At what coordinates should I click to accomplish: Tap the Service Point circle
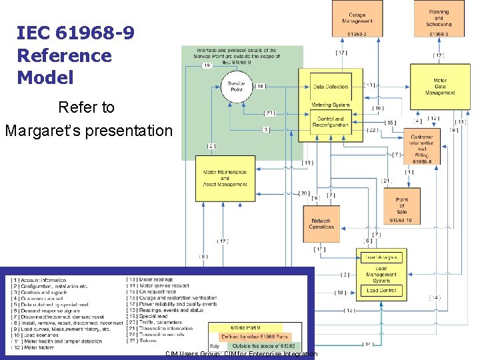coord(236,87)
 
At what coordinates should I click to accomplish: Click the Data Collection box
coord(330,87)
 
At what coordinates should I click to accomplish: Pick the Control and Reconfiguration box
coord(330,121)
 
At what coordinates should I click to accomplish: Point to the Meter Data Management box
coord(440,87)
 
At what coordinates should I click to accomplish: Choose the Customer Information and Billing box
coord(421,149)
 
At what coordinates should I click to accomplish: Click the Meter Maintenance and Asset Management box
coord(225,178)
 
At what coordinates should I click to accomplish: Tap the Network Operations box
coord(321,223)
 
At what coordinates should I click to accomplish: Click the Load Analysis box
coord(381,257)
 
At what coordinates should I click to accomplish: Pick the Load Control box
coord(381,290)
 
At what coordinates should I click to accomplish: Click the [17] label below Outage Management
coord(340,53)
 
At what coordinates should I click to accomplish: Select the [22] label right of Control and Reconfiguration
coord(372,129)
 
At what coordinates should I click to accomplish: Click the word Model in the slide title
coord(45,77)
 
